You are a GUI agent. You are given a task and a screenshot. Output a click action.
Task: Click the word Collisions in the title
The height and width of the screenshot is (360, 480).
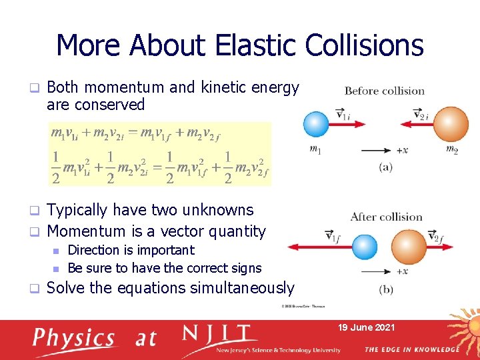click(364, 45)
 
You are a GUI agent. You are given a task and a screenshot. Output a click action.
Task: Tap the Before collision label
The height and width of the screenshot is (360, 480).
click(384, 91)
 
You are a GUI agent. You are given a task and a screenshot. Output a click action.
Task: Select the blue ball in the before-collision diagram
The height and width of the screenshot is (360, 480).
click(316, 124)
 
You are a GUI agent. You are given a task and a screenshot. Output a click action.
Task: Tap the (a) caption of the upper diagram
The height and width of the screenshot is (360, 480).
click(385, 167)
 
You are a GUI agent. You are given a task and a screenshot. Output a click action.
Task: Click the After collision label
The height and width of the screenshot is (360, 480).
click(386, 217)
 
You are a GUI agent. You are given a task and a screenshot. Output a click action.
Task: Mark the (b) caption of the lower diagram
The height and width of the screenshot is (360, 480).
click(385, 289)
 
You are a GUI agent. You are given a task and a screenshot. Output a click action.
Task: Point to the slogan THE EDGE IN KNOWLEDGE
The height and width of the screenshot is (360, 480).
click(411, 349)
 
